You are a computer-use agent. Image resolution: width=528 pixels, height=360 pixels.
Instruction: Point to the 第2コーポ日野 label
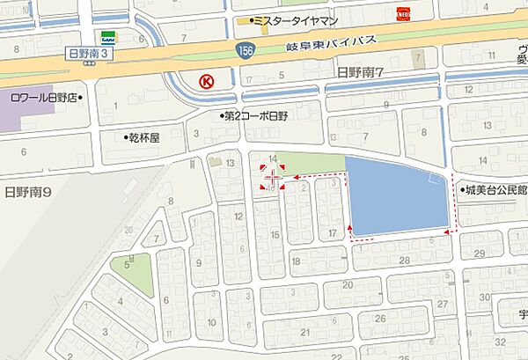(254, 116)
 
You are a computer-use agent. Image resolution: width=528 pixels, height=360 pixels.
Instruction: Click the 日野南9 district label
(29, 190)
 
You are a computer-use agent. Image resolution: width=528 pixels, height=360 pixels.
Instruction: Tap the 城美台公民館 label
(495, 190)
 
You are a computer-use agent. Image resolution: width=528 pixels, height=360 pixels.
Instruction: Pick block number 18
(296, 261)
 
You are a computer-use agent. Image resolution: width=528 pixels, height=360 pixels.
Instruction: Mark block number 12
(238, 214)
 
